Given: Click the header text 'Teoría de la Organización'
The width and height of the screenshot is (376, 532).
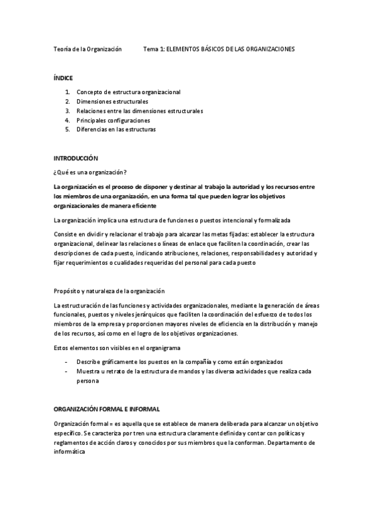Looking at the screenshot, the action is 87,48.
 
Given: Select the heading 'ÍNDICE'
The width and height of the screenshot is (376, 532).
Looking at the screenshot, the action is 63,78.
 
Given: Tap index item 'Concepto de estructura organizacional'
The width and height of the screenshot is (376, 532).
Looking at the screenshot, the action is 128,92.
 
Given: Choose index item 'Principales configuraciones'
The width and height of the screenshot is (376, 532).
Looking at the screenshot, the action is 113,120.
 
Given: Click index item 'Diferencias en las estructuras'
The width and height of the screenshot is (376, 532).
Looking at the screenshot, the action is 115,129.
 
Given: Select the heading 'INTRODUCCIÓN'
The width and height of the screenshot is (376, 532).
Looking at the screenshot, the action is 76,158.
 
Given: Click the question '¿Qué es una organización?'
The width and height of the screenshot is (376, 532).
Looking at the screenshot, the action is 90,172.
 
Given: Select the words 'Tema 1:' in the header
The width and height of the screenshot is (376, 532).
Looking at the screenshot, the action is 154,48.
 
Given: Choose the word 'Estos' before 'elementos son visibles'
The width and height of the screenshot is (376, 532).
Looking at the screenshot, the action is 62,348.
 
